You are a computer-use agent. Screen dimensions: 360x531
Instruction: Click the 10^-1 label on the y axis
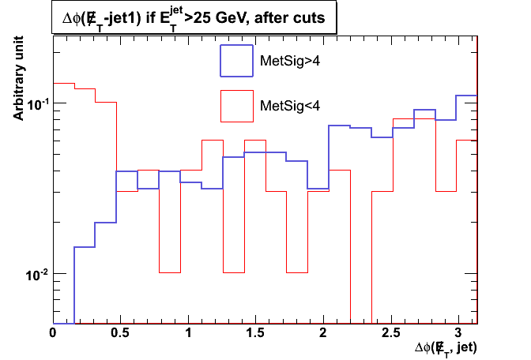(36, 103)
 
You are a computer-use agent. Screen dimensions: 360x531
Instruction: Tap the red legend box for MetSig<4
(236, 106)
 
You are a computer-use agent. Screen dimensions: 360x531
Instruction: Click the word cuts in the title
(314, 19)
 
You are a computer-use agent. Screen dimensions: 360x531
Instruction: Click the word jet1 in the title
(121, 19)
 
